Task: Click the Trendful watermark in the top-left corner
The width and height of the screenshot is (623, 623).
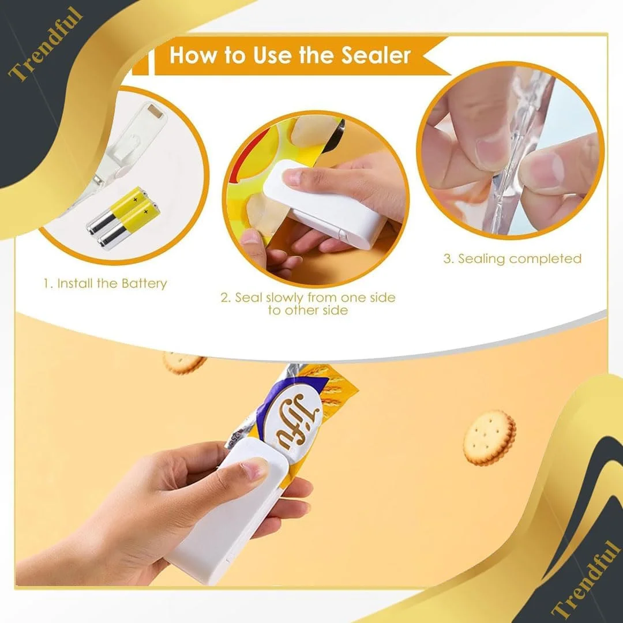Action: [46, 44]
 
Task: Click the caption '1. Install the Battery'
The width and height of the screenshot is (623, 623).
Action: [105, 283]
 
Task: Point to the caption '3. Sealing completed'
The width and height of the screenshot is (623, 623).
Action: [512, 258]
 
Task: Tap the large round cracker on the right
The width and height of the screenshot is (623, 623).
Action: [490, 437]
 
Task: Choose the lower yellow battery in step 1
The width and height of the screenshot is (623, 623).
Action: [129, 224]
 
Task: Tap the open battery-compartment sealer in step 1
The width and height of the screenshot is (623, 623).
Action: [119, 155]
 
